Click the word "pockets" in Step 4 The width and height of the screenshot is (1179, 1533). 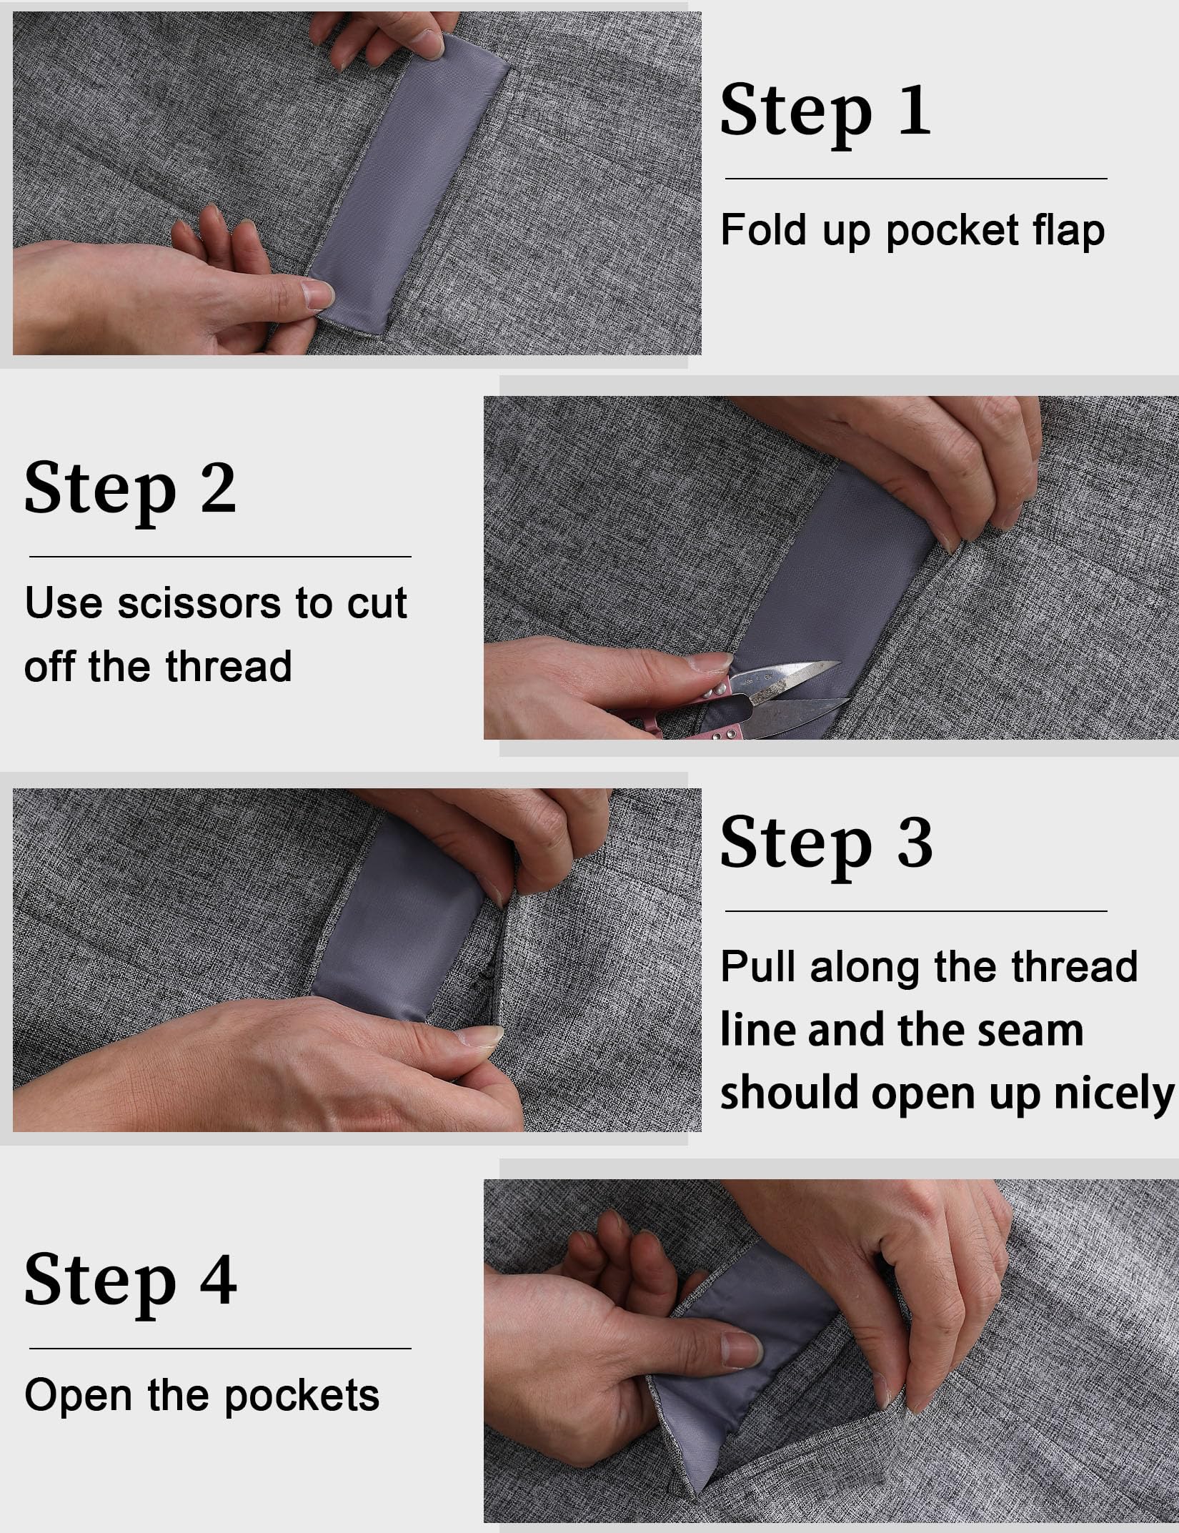(302, 1395)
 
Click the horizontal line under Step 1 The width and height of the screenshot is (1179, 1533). (916, 179)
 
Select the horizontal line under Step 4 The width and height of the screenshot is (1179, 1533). (220, 1349)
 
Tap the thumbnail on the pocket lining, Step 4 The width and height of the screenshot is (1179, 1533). (741, 1349)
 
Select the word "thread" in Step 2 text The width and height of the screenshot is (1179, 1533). (228, 666)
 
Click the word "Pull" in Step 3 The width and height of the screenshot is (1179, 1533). (758, 967)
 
